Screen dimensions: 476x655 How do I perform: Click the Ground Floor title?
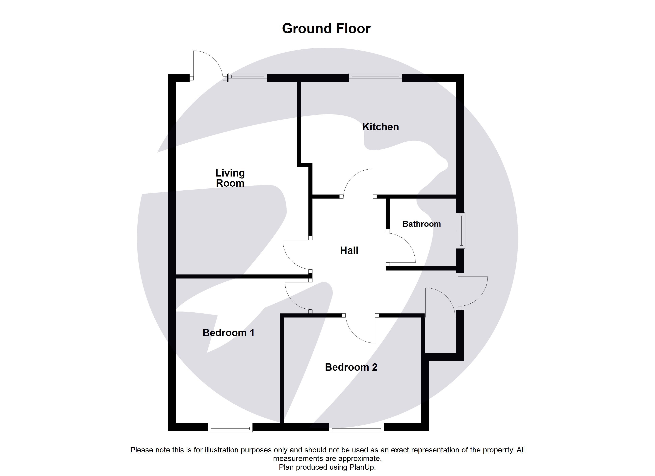coord(326,29)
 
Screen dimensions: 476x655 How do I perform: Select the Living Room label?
coord(230,178)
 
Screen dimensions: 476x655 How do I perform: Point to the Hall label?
coord(349,250)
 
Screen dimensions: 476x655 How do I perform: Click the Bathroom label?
coord(421,224)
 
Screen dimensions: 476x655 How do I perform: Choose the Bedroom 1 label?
coord(228,333)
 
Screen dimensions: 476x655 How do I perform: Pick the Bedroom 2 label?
coord(351,367)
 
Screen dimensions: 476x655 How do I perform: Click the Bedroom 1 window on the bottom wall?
coord(230,427)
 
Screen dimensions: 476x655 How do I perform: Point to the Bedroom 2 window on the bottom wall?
coord(356,427)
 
